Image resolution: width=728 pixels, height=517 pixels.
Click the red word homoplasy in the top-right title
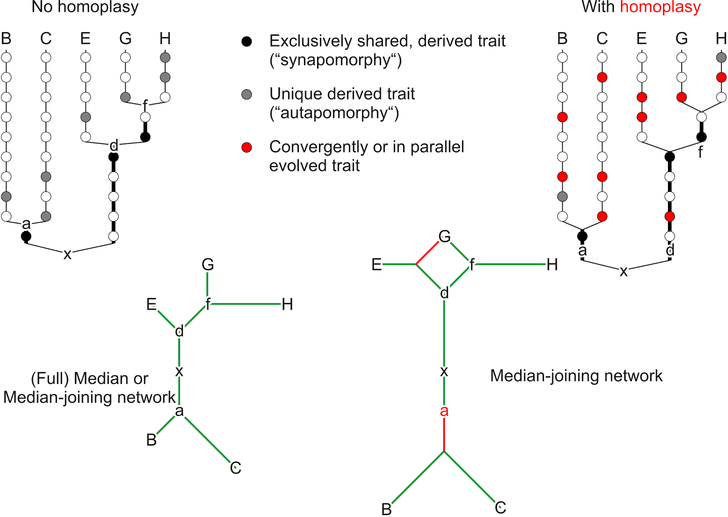(660, 7)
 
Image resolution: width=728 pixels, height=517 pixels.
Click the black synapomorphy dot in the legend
(247, 41)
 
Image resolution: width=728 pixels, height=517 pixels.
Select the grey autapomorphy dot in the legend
(247, 94)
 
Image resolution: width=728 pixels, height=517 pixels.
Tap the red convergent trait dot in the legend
(247, 147)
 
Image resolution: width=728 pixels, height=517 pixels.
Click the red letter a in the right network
(444, 411)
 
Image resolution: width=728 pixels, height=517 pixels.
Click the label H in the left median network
(287, 304)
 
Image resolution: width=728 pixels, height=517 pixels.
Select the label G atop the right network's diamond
(445, 236)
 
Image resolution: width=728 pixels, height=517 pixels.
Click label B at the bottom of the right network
(386, 509)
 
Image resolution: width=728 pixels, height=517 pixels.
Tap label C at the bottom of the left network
(235, 468)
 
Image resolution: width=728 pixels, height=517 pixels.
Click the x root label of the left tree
(67, 254)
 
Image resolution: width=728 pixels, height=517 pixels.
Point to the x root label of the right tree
(623, 272)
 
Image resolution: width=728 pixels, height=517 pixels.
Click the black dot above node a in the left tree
(26, 236)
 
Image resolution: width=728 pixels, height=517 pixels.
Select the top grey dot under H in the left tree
(165, 57)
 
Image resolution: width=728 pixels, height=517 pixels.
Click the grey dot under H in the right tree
(721, 57)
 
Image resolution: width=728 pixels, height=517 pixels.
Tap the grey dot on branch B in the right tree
(562, 197)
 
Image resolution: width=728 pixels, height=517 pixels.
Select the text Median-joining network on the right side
(576, 376)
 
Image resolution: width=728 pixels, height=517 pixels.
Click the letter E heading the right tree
(642, 39)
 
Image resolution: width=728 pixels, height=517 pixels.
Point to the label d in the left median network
(179, 331)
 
